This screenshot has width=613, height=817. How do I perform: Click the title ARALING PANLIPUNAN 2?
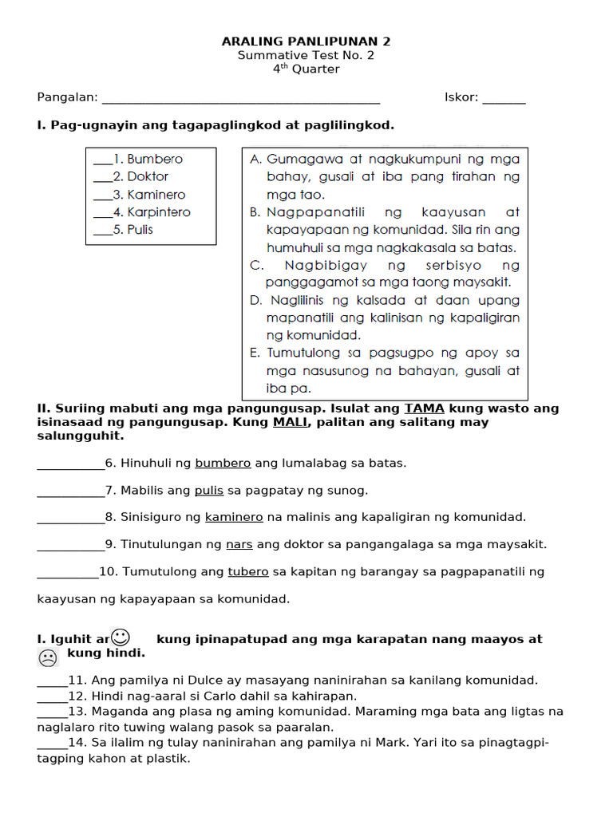point(306,41)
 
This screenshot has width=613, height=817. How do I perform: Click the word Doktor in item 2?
point(148,176)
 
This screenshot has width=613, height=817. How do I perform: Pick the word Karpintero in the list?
point(159,212)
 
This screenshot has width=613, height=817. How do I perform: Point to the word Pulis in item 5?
point(140,230)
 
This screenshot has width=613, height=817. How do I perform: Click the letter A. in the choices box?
point(256,159)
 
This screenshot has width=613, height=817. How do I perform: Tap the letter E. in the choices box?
point(255,353)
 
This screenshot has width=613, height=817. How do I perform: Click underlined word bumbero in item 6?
point(223,463)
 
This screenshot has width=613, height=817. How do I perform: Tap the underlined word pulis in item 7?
point(209,490)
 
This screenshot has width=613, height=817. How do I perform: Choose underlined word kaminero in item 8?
point(234,517)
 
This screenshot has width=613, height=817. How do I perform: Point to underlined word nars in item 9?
point(239,544)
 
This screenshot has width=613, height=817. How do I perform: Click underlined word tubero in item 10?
point(248,571)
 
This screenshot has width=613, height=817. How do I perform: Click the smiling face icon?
point(121,637)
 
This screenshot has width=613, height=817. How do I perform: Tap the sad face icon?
point(48,658)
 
